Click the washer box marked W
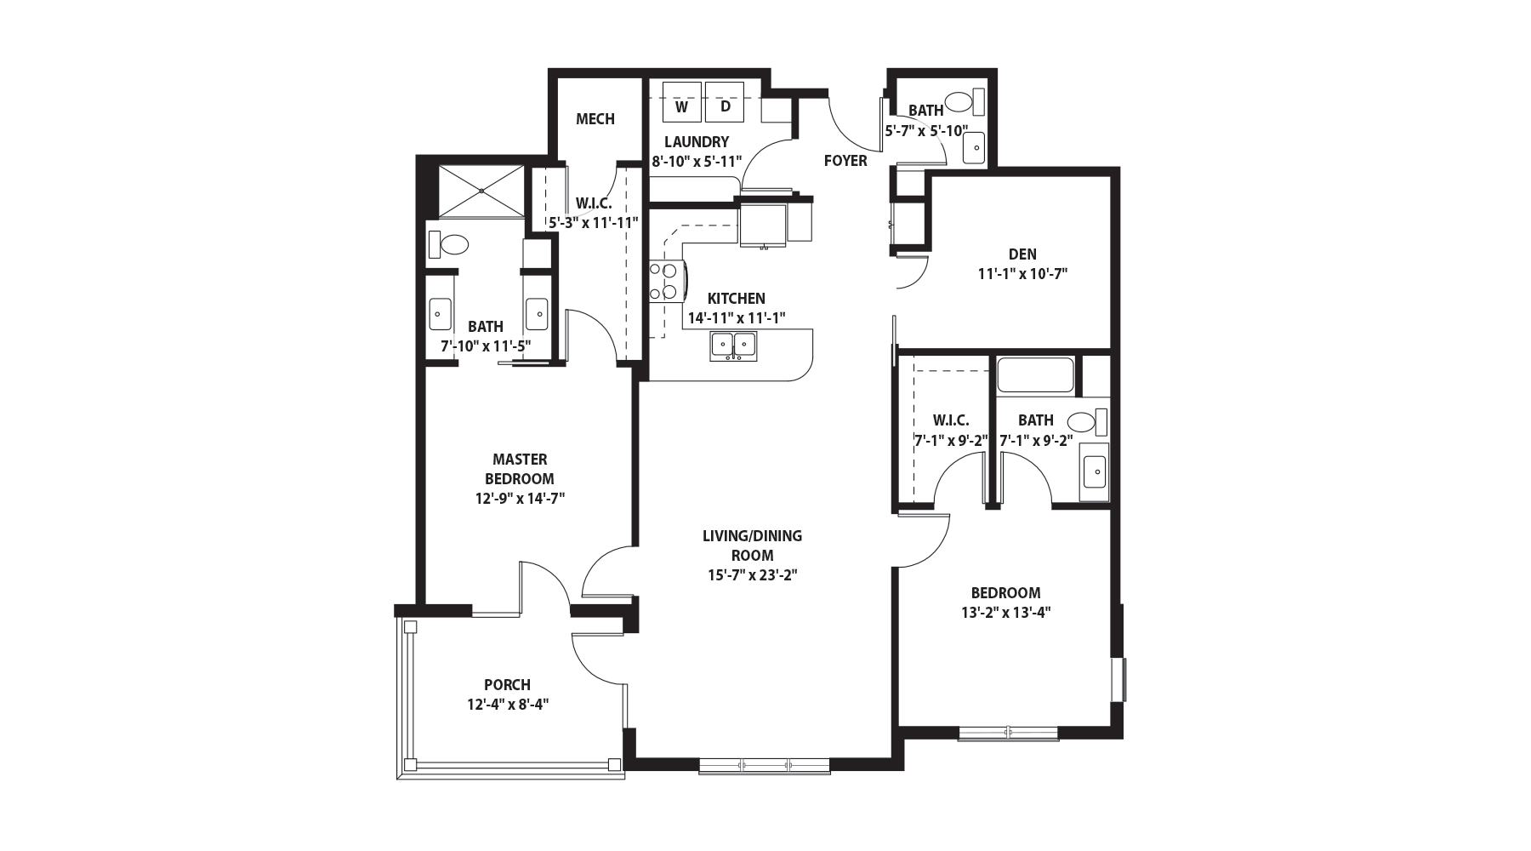[x=681, y=103]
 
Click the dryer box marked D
[x=725, y=103]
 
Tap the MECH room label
[x=595, y=119]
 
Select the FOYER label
[x=845, y=161]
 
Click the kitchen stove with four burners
[x=663, y=282]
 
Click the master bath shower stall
[x=481, y=191]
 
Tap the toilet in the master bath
[x=450, y=245]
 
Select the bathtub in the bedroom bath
[x=1035, y=374]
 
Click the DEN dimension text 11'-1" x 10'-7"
[x=1022, y=274]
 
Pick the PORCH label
[x=507, y=685]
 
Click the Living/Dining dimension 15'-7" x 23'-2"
[x=753, y=575]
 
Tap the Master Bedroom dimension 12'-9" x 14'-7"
[x=520, y=499]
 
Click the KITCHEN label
[x=737, y=299]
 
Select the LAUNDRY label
[x=697, y=142]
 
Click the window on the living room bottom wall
[x=764, y=765]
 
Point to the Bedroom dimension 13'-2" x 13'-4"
[x=1005, y=612]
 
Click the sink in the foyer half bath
[x=973, y=148]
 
